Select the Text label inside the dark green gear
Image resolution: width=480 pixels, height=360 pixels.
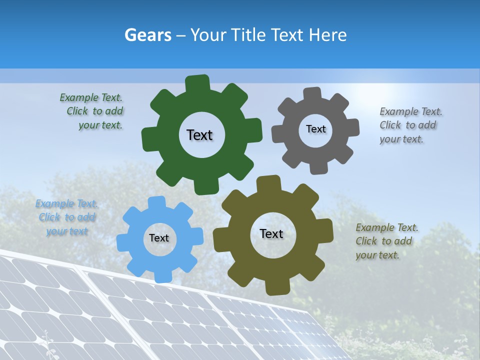199,135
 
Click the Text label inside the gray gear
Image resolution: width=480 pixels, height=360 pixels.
315,129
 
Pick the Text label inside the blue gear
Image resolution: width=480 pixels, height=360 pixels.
159,238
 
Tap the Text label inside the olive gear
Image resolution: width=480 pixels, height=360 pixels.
271,233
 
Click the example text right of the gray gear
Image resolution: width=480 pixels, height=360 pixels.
410,125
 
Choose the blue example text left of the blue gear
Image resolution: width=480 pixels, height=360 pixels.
66,217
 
